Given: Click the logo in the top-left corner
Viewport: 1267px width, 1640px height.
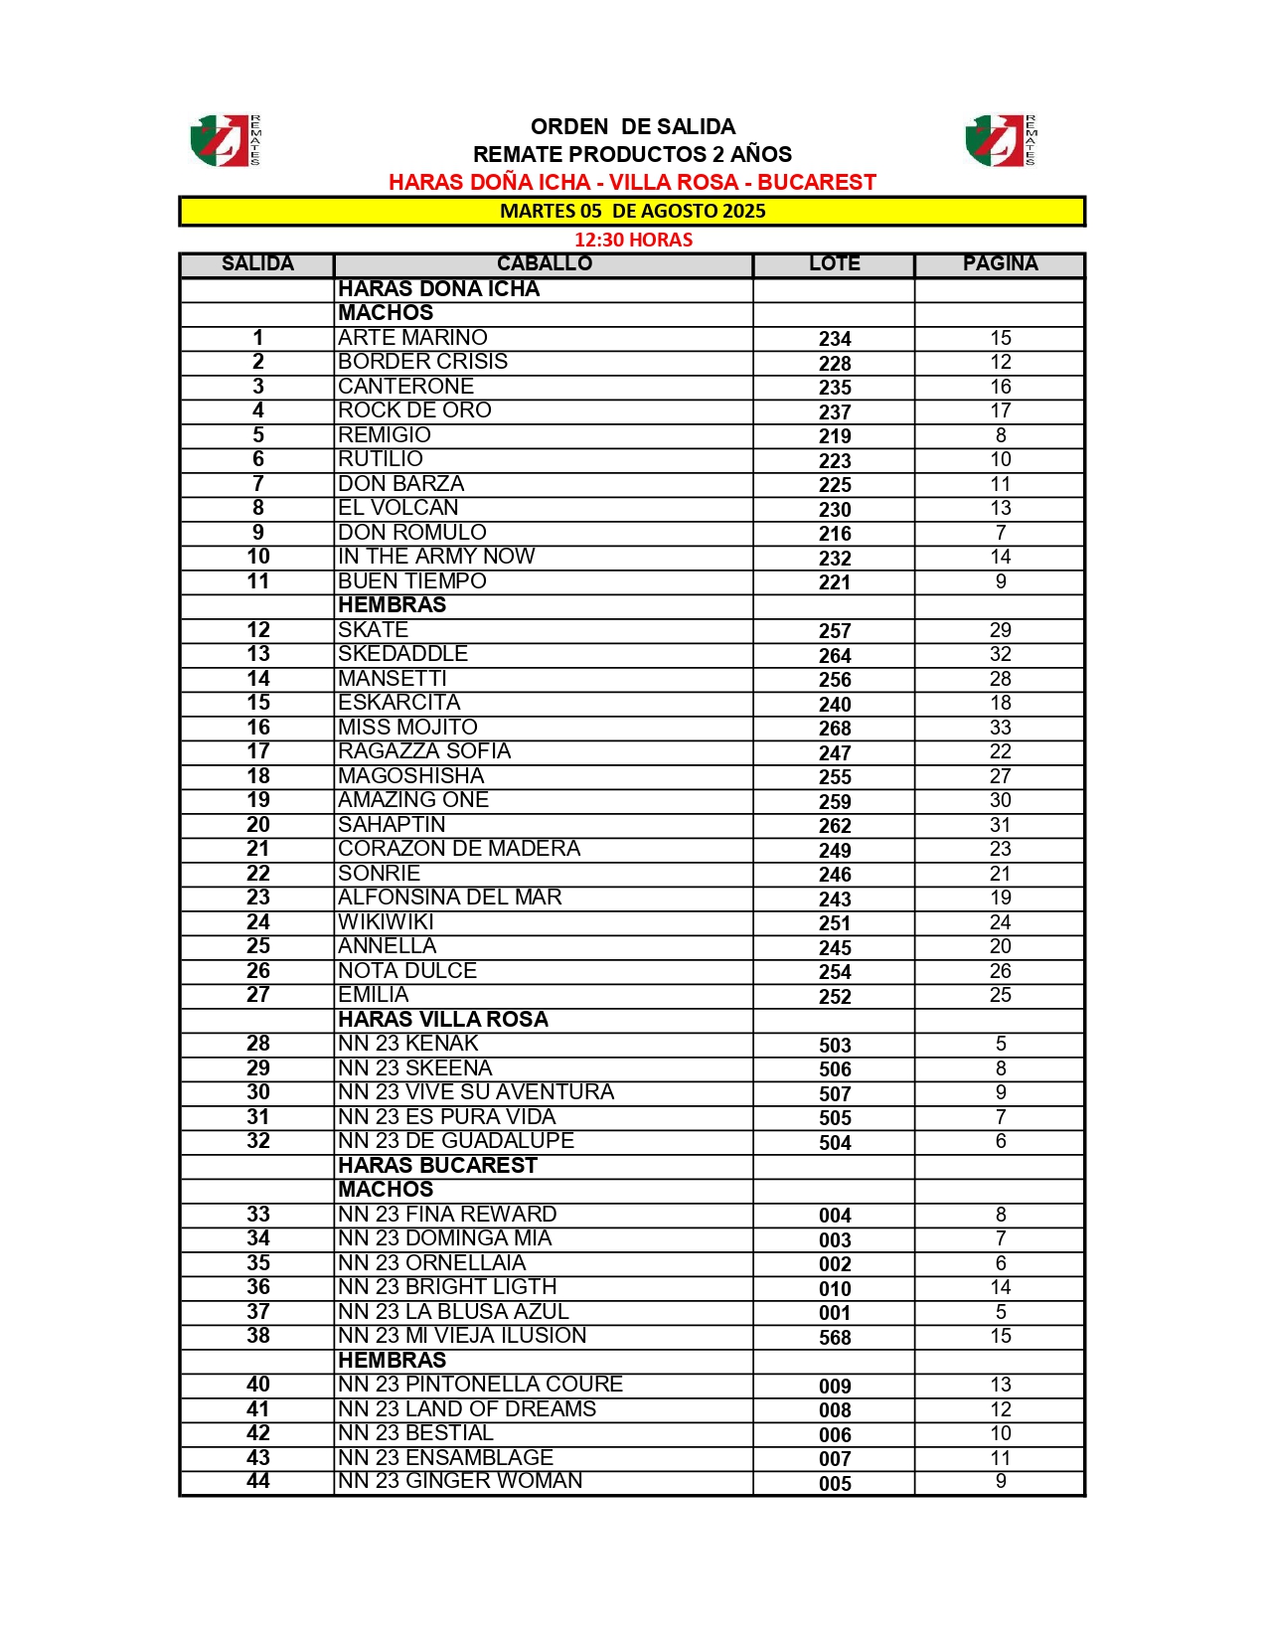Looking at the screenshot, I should [226, 140].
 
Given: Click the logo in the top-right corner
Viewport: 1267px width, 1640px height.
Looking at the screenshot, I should [1000, 140].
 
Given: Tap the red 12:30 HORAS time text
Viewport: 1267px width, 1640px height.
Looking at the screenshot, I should [633, 240].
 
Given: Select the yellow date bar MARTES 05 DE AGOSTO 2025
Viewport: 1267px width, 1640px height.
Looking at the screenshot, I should [632, 211].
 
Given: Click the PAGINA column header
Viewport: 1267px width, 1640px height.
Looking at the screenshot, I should [1000, 264].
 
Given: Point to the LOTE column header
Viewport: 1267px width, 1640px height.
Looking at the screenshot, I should [834, 264].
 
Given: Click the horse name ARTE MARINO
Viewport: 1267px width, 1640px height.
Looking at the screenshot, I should [412, 338].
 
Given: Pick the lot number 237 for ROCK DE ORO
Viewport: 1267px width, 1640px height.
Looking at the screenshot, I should [835, 411].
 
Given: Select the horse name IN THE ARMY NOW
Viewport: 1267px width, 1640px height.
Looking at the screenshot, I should [436, 557].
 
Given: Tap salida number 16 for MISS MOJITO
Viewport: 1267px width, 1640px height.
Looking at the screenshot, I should [258, 728].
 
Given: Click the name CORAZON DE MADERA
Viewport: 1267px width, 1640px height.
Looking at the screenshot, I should [459, 849].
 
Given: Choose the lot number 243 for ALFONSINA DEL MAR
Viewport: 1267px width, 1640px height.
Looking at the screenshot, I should [835, 899].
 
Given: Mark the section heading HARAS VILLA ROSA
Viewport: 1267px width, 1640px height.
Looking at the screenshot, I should [443, 1020].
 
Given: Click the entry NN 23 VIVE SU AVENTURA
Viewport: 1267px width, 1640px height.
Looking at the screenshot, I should [476, 1092].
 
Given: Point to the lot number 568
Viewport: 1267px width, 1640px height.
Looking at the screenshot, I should [835, 1338].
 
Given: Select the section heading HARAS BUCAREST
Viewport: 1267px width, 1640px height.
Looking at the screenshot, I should [437, 1166].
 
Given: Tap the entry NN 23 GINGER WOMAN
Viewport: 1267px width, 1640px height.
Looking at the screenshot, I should [460, 1481].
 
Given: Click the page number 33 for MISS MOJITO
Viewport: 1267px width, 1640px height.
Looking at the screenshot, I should [1000, 728].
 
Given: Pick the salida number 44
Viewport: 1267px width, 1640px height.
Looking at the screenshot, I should [258, 1481].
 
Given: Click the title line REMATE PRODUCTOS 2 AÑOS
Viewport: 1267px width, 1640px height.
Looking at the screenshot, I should [632, 154].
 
